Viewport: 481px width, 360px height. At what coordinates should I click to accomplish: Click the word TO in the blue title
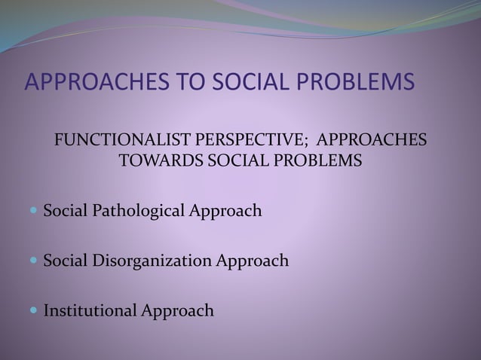pos(188,81)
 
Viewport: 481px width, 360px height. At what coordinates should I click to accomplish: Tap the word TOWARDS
pos(159,161)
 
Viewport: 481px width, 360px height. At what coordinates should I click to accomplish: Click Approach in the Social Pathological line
pos(228,211)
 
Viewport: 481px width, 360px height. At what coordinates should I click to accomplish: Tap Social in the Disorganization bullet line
pos(64,261)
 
